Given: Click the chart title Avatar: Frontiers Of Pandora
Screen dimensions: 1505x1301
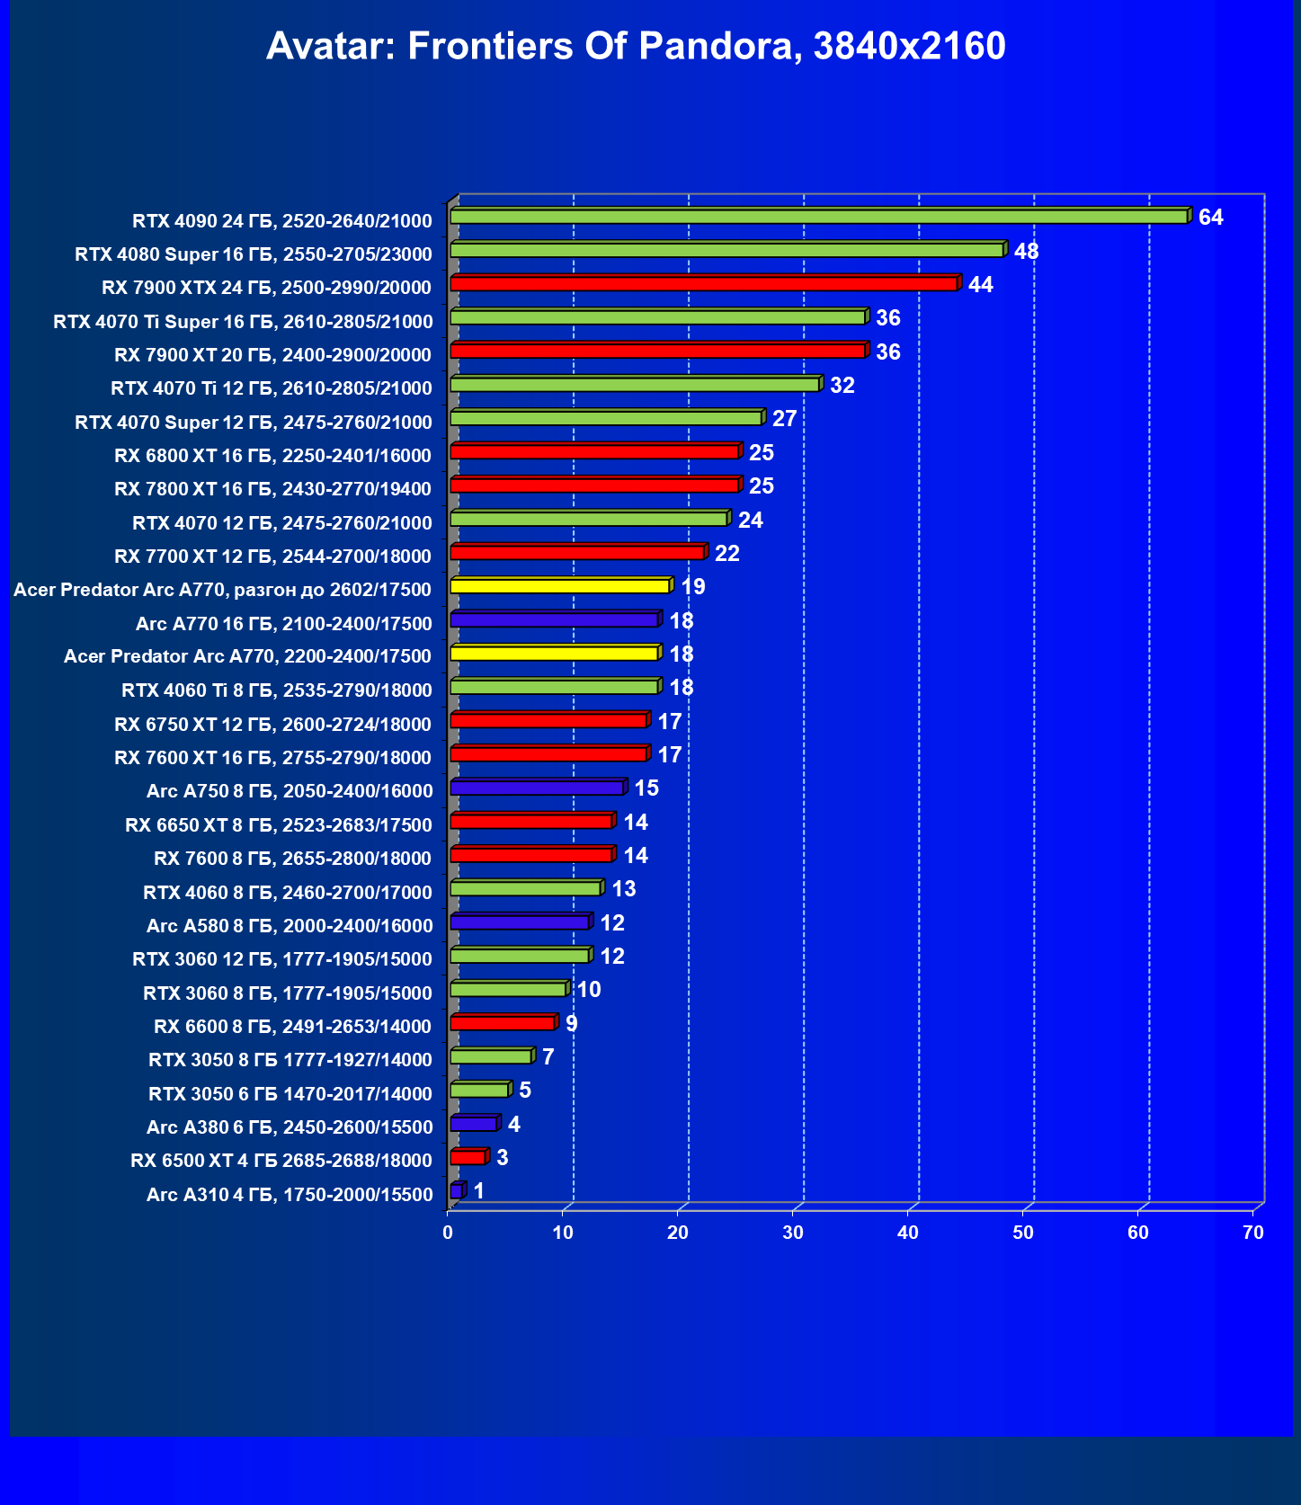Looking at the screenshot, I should click(636, 46).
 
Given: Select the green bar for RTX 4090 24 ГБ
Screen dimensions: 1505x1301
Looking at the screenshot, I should click(818, 217).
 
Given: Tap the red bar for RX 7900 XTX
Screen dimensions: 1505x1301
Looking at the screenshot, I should click(703, 284).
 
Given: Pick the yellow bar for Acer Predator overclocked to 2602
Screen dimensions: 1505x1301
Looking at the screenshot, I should click(559, 586).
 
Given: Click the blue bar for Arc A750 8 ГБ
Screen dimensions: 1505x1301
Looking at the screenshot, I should click(537, 788).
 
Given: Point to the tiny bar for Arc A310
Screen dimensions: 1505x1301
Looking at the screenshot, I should click(457, 1191).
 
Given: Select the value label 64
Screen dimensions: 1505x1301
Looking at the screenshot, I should click(1210, 218).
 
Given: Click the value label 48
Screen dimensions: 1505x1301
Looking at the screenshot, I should click(1026, 251).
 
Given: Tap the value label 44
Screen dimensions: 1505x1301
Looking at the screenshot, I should click(980, 285).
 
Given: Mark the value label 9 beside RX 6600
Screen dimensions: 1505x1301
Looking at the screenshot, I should click(571, 1024).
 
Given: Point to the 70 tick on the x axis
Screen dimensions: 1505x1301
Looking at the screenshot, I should click(1253, 1233).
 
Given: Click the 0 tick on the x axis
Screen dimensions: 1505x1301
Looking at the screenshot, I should click(449, 1233).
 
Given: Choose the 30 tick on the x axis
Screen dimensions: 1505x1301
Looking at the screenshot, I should click(793, 1233).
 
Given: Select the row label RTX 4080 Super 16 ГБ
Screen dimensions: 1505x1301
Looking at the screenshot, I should click(254, 254).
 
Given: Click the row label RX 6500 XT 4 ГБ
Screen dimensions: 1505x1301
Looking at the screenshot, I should click(281, 1161).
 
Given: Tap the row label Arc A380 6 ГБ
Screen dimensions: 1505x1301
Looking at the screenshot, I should click(290, 1127).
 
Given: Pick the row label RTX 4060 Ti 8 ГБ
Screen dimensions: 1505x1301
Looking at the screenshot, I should click(277, 690).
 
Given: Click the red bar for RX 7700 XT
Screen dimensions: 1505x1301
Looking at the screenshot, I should click(576, 552).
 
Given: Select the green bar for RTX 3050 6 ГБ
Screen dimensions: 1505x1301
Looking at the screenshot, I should click(479, 1091).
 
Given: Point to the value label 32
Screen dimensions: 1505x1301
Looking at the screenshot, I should click(842, 386).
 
